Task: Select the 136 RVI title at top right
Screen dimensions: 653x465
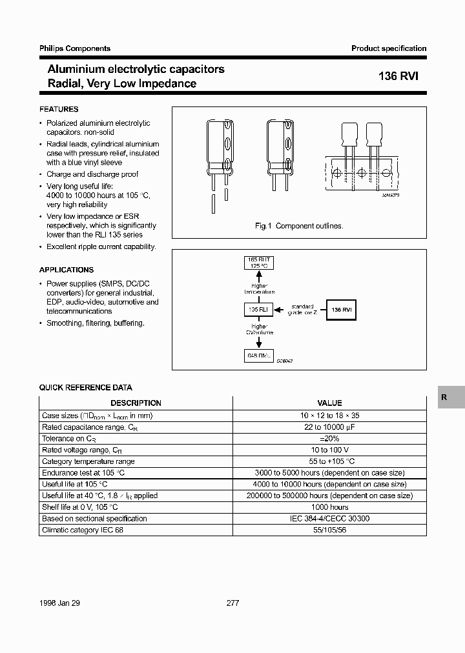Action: tap(398, 75)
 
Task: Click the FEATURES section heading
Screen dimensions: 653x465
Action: tap(59, 110)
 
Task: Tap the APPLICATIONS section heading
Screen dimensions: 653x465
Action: tap(66, 270)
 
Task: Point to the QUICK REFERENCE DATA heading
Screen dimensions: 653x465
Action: tap(85, 388)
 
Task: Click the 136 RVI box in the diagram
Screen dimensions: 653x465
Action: tap(342, 310)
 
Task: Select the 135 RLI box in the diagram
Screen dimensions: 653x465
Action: tap(258, 310)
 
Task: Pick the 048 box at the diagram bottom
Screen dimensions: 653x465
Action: tap(258, 356)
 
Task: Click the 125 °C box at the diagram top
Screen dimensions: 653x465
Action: tap(258, 263)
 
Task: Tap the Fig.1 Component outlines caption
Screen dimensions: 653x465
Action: tap(299, 226)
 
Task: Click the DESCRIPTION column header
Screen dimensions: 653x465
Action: tap(136, 403)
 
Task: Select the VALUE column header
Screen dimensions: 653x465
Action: tap(329, 403)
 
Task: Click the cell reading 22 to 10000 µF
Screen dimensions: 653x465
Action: tap(329, 427)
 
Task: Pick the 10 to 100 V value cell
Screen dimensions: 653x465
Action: tap(329, 450)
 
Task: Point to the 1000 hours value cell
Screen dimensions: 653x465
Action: tap(329, 507)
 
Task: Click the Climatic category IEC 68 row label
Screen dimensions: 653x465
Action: tap(82, 530)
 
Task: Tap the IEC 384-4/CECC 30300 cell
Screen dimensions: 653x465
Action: tap(329, 519)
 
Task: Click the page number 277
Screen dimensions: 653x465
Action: tap(233, 603)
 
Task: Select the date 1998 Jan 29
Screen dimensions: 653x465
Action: tap(59, 603)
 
